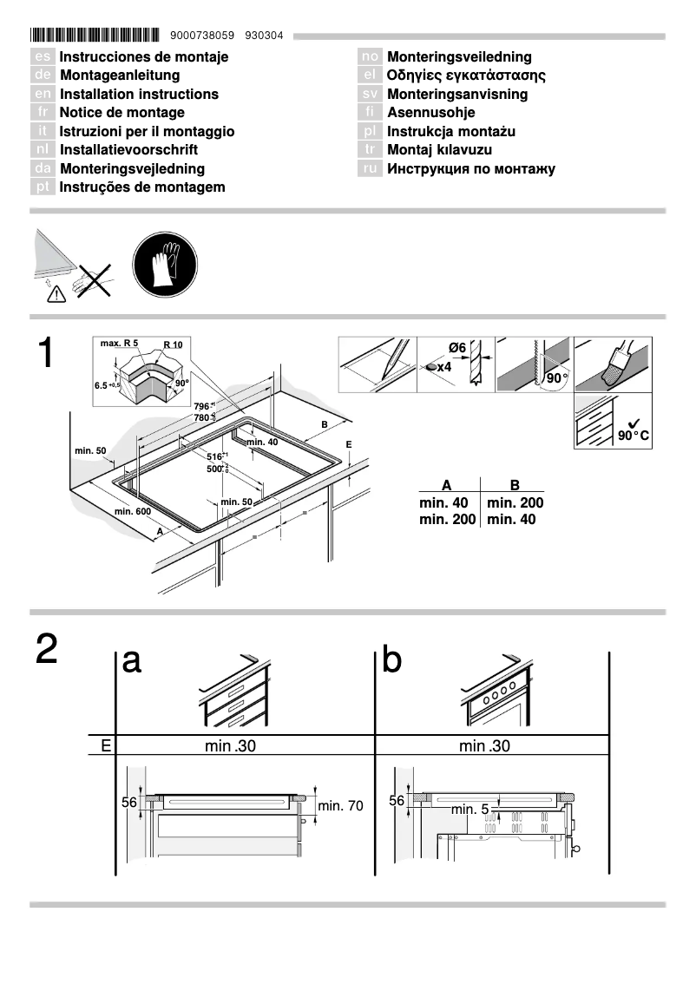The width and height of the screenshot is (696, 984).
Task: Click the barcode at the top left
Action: pyautogui.click(x=95, y=36)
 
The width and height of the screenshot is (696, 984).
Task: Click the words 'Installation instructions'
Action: pyautogui.click(x=139, y=94)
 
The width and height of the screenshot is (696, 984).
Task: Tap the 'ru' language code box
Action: pyautogui.click(x=370, y=168)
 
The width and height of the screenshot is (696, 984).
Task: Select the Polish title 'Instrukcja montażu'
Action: pyautogui.click(x=451, y=131)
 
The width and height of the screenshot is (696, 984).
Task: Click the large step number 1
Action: pyautogui.click(x=48, y=354)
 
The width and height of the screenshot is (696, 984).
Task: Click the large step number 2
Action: pyautogui.click(x=48, y=650)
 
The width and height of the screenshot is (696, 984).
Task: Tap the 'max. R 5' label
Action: pyautogui.click(x=119, y=344)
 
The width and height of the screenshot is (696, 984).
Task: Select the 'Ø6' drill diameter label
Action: pyautogui.click(x=456, y=348)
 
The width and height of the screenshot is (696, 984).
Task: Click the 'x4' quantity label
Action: pyautogui.click(x=444, y=368)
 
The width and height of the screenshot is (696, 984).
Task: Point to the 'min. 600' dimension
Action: pyautogui.click(x=133, y=511)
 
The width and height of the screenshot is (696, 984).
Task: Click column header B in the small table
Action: pyautogui.click(x=515, y=485)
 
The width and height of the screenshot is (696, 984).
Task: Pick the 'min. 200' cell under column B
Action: pyautogui.click(x=515, y=502)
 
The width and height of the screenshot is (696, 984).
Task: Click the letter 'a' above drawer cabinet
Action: pyautogui.click(x=131, y=661)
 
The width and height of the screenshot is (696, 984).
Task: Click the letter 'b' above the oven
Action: pyautogui.click(x=391, y=661)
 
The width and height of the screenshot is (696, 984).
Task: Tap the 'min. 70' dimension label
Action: pyautogui.click(x=340, y=806)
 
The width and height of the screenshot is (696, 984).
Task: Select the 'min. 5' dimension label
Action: pyautogui.click(x=469, y=809)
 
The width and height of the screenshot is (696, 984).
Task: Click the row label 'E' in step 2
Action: pyautogui.click(x=105, y=745)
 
